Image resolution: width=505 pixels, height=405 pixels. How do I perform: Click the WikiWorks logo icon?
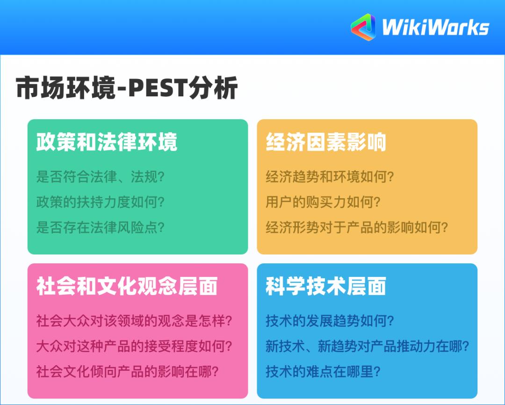pos(363,27)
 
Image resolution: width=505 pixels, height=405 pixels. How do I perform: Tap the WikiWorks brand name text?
pos(435,28)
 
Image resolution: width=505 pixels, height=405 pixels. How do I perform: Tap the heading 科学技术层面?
pos(326,286)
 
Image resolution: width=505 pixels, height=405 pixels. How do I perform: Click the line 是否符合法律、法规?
pos(101,177)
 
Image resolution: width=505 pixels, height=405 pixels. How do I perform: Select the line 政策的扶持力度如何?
pos(101,202)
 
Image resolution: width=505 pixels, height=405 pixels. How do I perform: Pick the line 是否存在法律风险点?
pos(101,228)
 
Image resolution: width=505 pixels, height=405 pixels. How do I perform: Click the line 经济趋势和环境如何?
pos(330,177)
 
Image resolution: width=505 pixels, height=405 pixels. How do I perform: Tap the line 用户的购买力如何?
pos(323,202)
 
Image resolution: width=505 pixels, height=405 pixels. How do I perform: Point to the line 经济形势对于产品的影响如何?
pos(357,228)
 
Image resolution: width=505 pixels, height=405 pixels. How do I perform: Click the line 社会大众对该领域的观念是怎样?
pos(135,321)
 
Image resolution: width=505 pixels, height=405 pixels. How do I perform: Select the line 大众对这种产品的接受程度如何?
pos(135,347)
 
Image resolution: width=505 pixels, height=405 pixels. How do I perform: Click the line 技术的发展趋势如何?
pos(330,321)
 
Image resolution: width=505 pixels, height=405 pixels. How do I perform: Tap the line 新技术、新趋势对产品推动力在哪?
pos(368,347)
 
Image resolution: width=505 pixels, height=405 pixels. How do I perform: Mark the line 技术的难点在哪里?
pos(323,372)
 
